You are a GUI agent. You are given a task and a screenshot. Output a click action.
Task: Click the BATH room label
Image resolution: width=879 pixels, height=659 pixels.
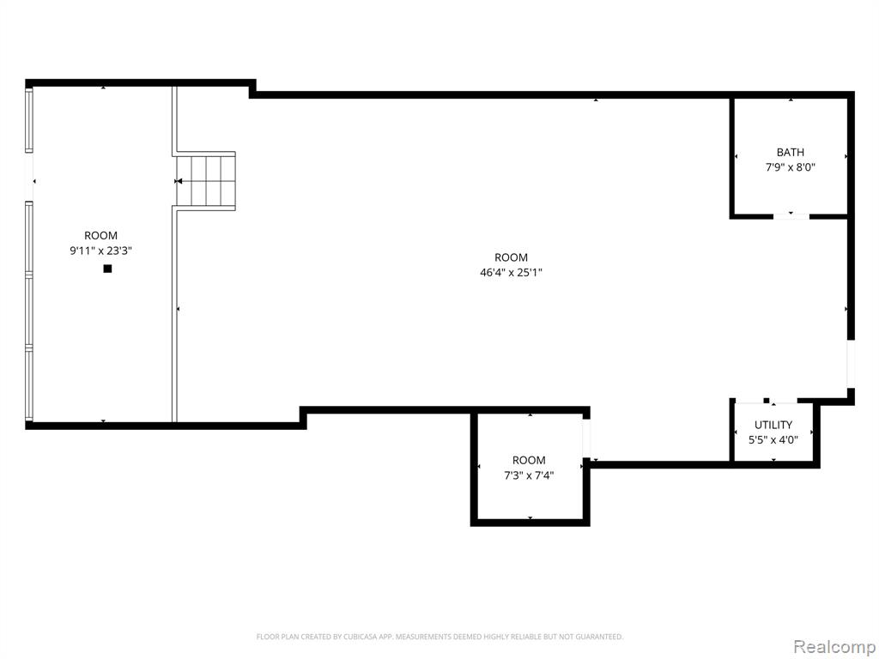coord(790,152)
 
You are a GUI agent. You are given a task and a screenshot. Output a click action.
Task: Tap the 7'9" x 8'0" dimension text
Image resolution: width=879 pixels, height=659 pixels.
coord(790,167)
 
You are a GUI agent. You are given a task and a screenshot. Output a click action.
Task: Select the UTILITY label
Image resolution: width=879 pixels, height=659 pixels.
coord(773,425)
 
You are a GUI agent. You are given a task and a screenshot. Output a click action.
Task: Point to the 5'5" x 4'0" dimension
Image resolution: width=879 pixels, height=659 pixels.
coord(773,440)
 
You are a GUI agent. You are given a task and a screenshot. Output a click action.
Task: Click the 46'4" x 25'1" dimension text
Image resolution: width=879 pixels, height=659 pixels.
coord(511,273)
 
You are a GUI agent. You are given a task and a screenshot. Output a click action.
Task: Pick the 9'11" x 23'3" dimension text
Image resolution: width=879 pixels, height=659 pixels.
coord(101,251)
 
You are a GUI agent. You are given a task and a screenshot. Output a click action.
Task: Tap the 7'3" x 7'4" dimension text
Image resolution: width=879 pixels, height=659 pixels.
coord(529,475)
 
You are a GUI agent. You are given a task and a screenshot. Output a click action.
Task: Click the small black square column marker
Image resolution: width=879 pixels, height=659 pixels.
coord(107,269)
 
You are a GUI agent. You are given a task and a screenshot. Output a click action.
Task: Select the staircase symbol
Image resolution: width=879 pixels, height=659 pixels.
coord(206,181)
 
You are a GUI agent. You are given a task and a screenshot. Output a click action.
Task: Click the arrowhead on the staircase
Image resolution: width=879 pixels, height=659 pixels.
coord(179,181)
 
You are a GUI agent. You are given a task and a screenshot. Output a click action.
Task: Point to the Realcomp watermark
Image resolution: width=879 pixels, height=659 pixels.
coord(834,646)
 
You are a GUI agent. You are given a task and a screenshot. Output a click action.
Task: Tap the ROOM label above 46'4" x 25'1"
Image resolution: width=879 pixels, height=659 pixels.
coord(511,257)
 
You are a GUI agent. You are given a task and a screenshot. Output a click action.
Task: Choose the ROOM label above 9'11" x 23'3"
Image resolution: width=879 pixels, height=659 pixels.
coord(101,235)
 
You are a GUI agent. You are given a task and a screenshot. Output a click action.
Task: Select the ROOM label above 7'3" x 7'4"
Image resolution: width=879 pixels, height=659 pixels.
coord(529,461)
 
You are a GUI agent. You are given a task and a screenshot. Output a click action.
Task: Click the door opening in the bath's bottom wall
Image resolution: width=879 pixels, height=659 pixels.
coord(791,216)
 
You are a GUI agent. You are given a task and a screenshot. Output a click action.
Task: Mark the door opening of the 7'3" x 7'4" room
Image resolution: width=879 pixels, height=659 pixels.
coord(586,438)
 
